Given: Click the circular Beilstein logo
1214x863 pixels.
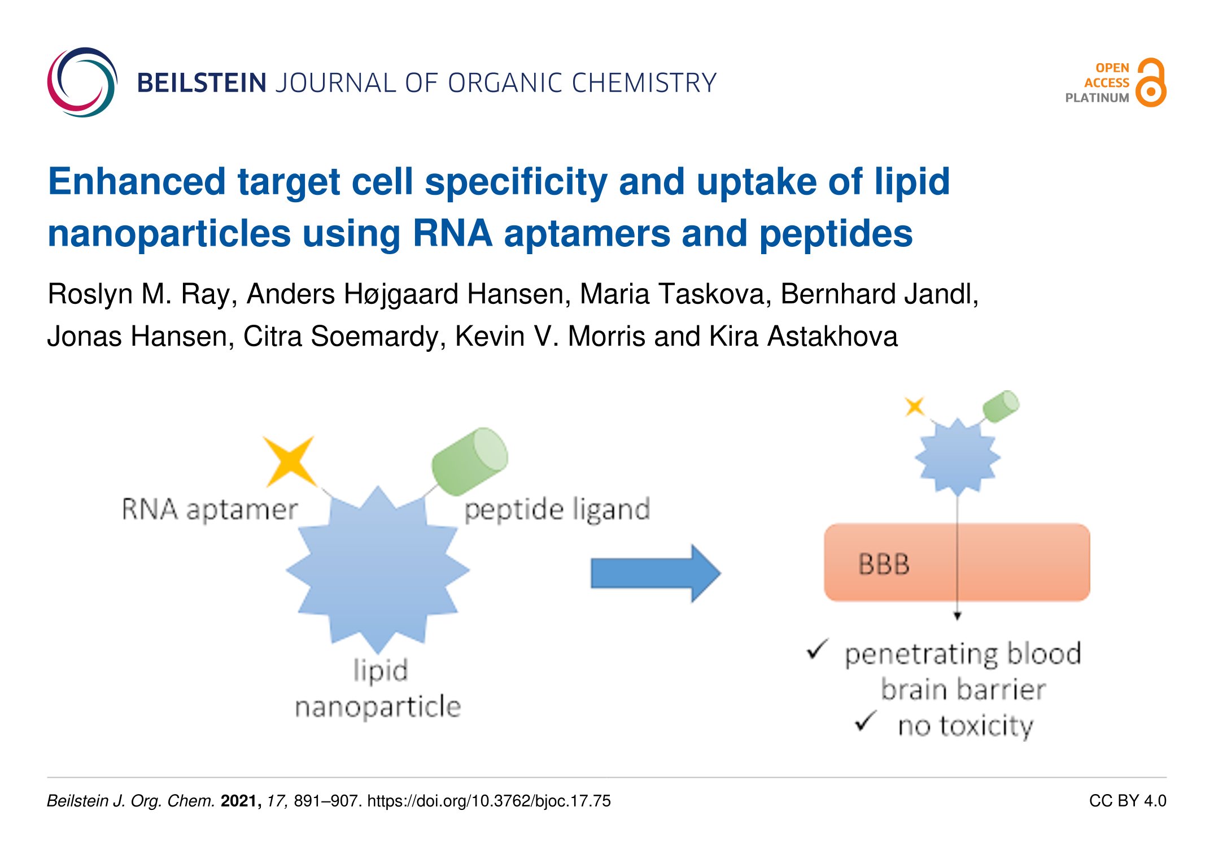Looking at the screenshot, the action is pos(82,82).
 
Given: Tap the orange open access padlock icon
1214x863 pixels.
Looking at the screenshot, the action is pos(1151,82).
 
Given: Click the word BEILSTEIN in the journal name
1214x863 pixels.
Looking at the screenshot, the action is pos(202,83).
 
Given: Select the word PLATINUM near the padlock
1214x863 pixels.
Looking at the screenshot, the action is pos(1097,98).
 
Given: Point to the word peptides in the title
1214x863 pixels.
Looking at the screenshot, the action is pos(836,234).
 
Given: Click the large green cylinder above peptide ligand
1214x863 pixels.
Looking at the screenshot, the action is pos(469,461).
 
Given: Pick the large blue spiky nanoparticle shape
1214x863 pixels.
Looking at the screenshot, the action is pos(378,570).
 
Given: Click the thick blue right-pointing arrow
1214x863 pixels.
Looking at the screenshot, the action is pos(656,573).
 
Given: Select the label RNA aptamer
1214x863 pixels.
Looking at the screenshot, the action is pos(210,509).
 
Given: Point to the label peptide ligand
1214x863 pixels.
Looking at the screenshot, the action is pos(557,509).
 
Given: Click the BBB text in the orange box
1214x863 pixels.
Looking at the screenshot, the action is pos(884,564).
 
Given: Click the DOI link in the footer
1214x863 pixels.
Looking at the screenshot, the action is pos(489,801).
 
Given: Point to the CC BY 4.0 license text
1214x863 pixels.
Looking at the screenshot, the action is pos(1128,801).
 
